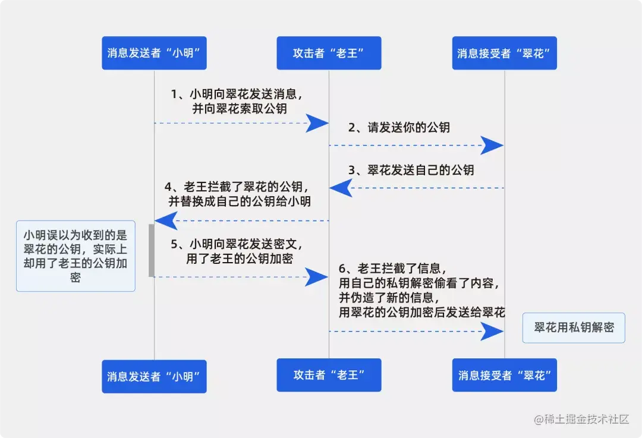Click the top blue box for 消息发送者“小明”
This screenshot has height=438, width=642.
[x=154, y=53]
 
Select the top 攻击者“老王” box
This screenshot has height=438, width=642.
[x=329, y=53]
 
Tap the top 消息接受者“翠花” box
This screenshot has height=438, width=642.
[x=504, y=53]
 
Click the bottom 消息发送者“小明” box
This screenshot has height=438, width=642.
[x=154, y=376]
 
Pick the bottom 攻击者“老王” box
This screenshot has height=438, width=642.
[x=329, y=375]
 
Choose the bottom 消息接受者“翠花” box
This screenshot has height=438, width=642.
[x=504, y=375]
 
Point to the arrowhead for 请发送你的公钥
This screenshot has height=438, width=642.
[x=492, y=145]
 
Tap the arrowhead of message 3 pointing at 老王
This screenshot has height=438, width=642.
[x=341, y=188]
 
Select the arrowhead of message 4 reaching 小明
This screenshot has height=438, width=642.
[x=166, y=220]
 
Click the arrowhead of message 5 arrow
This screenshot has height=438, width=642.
[x=317, y=276]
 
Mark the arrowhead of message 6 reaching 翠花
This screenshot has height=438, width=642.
[x=492, y=331]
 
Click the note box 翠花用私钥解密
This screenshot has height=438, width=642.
[x=574, y=327]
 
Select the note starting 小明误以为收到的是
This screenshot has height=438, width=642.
[x=75, y=256]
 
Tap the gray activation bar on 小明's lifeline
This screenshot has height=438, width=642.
[x=152, y=250]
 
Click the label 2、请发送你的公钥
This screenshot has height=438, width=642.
[x=399, y=127]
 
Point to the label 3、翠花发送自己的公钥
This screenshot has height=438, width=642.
[x=411, y=170]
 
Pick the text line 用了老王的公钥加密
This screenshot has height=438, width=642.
[x=240, y=259]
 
